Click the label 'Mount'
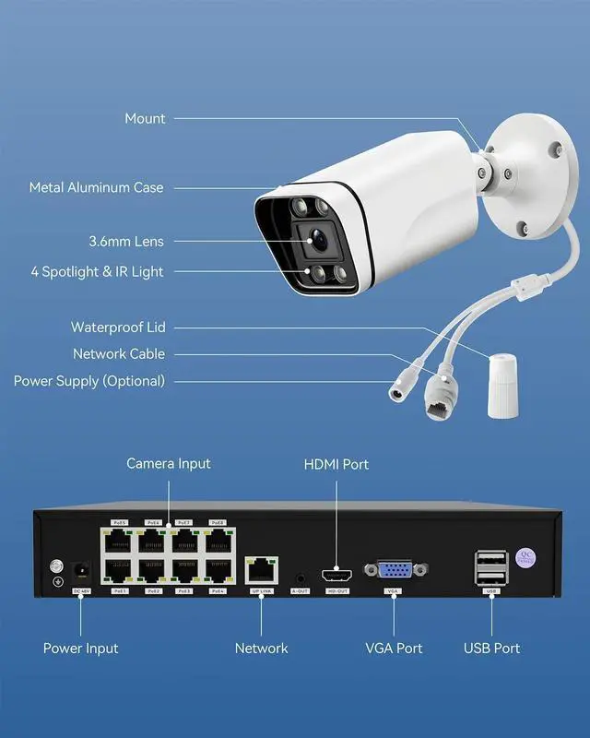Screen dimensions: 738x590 tap(145, 118)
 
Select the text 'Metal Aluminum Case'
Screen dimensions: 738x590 tap(96, 187)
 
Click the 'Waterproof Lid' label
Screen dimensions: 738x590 tap(118, 327)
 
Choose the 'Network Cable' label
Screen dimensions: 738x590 tap(119, 354)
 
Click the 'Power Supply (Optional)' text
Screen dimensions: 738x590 tap(89, 381)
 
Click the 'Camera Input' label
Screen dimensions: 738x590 tap(169, 463)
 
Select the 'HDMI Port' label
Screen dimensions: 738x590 tap(336, 463)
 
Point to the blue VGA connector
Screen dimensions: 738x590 tap(394, 571)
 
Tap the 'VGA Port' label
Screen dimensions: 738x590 tap(394, 649)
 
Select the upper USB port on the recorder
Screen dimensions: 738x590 tap(491, 558)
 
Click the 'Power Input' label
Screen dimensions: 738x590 tap(81, 649)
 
